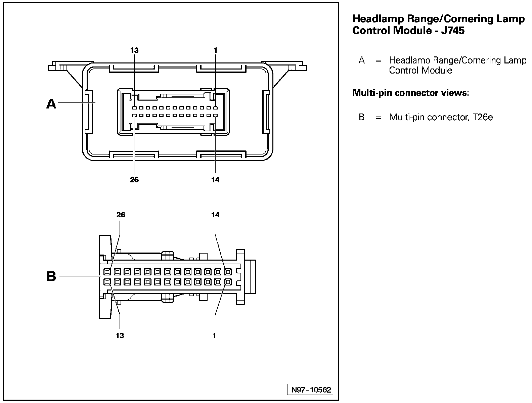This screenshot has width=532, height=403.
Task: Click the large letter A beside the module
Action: click(x=51, y=104)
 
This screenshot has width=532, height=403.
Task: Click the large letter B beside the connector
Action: click(x=51, y=277)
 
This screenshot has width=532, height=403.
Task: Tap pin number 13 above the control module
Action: click(x=134, y=50)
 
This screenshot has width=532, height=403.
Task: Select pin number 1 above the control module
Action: click(x=216, y=50)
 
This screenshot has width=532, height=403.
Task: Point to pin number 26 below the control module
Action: click(x=134, y=180)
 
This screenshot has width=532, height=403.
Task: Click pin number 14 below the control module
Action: click(x=216, y=180)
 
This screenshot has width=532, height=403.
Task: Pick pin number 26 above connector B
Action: click(x=121, y=215)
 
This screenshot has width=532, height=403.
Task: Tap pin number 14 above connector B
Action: click(x=216, y=215)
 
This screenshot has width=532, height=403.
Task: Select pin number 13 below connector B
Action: click(x=120, y=335)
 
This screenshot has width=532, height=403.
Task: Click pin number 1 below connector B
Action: click(x=215, y=335)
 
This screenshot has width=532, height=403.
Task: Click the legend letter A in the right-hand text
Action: click(x=361, y=60)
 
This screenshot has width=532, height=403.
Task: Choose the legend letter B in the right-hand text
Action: click(x=361, y=117)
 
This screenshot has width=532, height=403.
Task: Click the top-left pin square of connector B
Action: click(x=107, y=271)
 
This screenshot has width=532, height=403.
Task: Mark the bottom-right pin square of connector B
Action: click(x=228, y=281)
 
